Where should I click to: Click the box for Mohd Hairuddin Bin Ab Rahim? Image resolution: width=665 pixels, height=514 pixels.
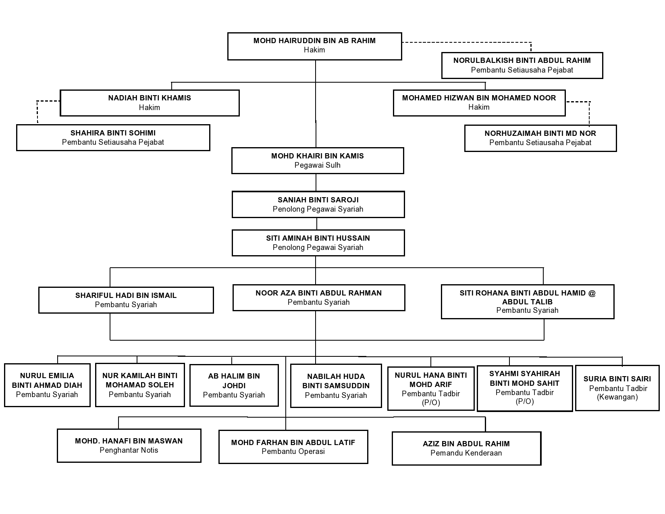point(315,46)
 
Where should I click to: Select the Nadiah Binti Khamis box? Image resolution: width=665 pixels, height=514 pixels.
point(150,103)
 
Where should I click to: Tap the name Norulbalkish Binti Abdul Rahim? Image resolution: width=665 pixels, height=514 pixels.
point(522,60)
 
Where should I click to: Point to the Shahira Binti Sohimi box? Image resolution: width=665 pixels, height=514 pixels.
point(113,137)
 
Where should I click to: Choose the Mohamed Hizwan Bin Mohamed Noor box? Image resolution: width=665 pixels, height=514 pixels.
point(479,103)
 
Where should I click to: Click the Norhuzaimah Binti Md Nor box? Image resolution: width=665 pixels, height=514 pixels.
point(540,138)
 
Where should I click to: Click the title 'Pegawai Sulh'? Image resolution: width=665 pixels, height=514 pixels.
point(317,165)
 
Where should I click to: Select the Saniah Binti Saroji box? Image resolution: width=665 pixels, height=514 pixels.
point(318,204)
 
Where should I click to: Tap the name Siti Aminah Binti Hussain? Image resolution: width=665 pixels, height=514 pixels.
point(318,238)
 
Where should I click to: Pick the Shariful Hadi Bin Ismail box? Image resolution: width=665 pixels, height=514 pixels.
point(126,300)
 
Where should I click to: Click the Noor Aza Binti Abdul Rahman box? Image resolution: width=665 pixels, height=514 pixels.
point(319,298)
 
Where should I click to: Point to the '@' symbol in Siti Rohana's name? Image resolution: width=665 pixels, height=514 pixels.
point(592,293)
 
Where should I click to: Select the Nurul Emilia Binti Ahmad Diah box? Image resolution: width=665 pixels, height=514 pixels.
point(47,385)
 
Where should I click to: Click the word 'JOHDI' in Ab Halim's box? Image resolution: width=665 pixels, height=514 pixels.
point(234,385)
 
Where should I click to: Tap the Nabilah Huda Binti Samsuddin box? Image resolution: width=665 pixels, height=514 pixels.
point(336,386)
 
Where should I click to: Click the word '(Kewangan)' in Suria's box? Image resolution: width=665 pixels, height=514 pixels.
point(617,397)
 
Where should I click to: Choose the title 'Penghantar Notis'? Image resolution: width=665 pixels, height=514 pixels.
point(129,450)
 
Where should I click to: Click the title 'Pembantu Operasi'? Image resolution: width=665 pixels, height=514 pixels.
point(293,452)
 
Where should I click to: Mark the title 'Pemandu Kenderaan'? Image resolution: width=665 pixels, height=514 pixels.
point(466,453)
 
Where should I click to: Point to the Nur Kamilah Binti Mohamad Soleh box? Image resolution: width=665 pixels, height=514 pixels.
point(140,385)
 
